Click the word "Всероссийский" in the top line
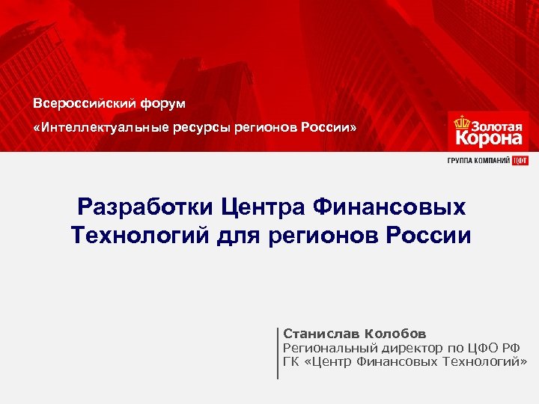click(79, 102)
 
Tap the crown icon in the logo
click(461, 123)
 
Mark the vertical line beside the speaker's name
click(278, 352)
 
